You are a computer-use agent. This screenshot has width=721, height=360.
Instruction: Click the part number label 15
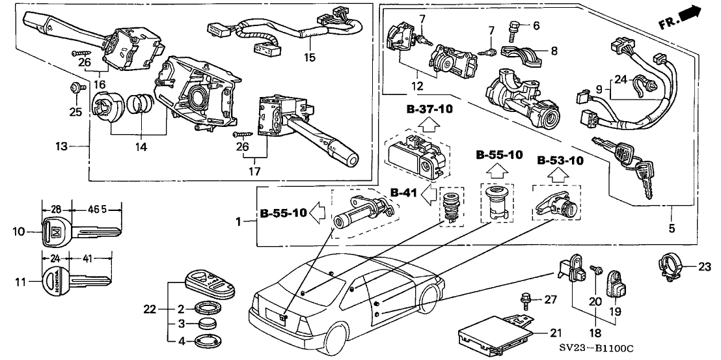309,57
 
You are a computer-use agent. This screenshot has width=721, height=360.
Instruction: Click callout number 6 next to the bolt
537,26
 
